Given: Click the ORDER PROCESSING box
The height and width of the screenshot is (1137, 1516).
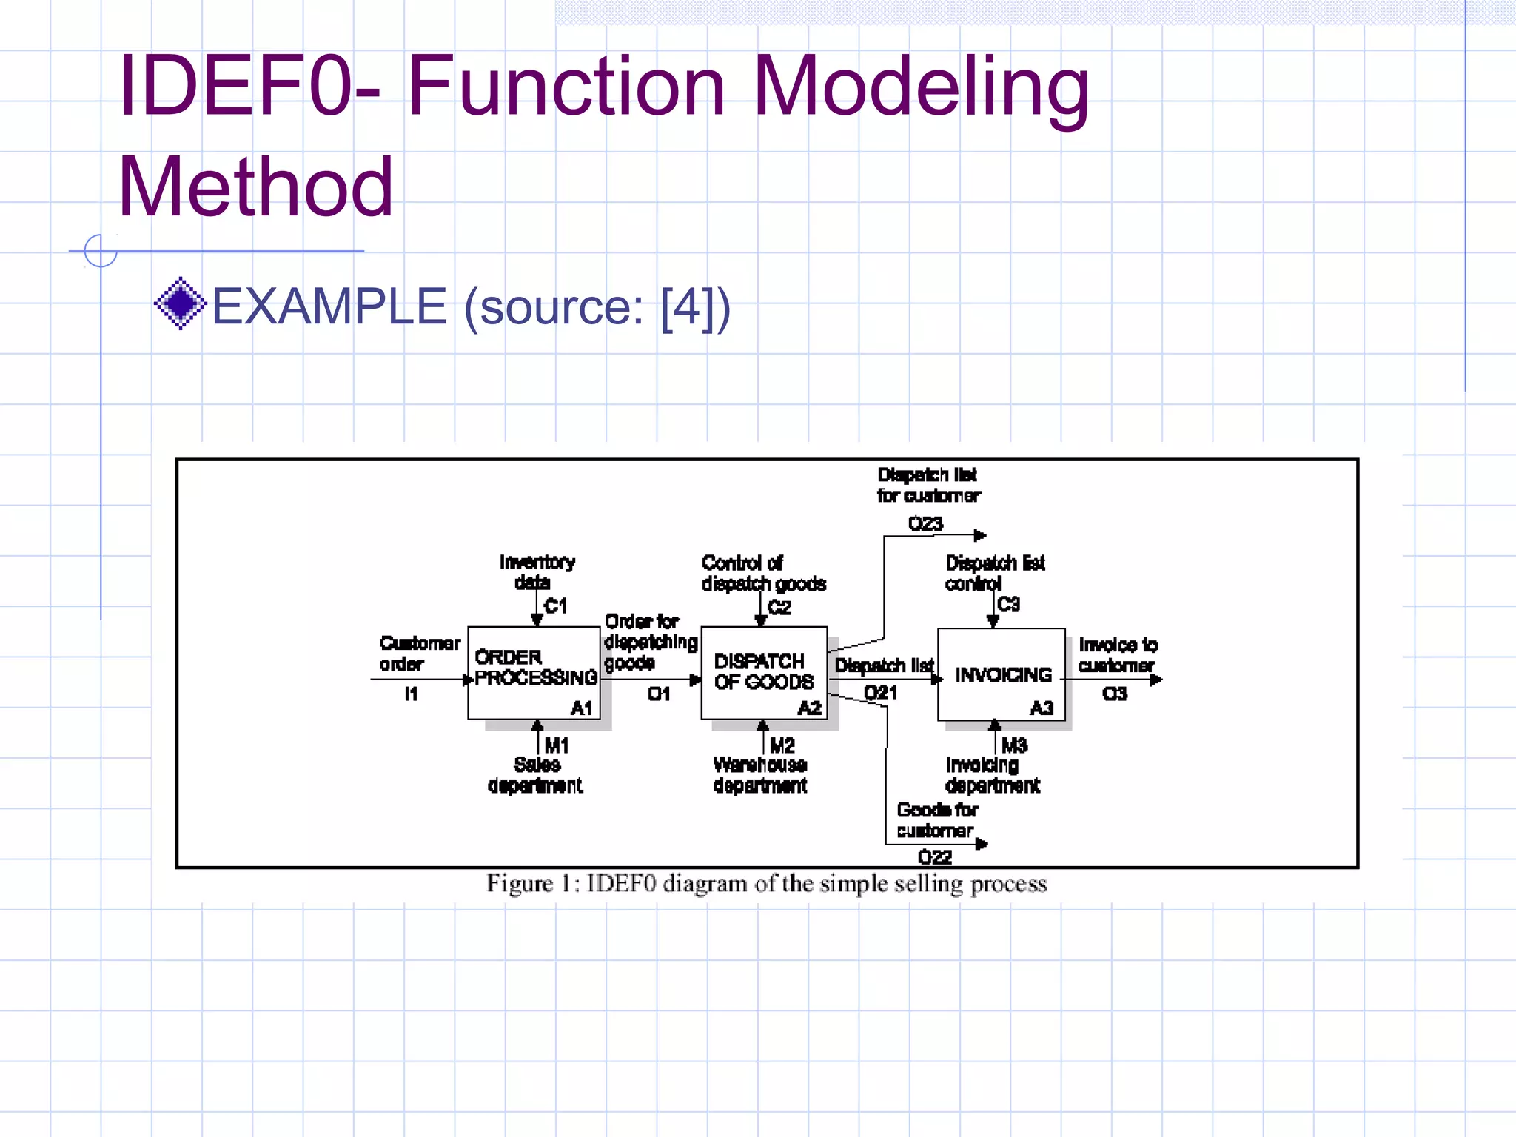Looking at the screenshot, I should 534,672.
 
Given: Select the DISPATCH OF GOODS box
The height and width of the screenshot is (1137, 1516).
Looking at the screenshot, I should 763,672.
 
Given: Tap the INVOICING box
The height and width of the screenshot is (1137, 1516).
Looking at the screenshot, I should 1001,674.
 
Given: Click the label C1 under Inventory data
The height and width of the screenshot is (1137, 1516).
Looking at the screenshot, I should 555,606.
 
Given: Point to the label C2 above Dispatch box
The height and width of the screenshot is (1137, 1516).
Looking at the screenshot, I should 779,608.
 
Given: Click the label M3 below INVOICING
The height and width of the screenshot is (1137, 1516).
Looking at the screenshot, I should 1014,745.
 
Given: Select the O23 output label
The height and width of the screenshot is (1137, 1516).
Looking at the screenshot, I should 925,523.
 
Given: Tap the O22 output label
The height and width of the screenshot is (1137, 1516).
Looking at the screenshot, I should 934,857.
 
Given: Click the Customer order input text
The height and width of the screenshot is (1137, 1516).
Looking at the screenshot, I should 418,653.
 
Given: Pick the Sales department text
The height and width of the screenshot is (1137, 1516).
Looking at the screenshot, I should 535,775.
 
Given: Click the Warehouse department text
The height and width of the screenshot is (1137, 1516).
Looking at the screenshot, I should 760,775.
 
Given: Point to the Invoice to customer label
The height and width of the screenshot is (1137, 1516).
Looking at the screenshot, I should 1117,655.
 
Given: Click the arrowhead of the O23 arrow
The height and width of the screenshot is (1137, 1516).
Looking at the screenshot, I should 980,535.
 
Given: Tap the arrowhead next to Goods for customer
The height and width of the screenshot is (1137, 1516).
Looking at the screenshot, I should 982,844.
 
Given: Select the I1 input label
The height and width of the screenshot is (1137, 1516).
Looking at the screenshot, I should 411,694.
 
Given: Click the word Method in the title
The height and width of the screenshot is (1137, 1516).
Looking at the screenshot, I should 255,187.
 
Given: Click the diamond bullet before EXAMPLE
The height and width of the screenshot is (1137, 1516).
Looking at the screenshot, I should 180,303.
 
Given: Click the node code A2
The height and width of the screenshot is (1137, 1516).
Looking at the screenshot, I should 810,708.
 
